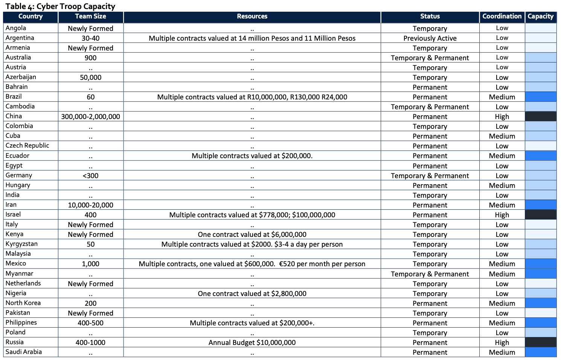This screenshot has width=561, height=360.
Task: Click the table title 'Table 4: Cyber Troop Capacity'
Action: (x=60, y=6)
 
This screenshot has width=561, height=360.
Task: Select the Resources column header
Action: (x=252, y=17)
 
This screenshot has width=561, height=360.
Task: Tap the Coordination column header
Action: (x=502, y=17)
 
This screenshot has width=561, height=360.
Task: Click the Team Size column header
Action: (x=90, y=17)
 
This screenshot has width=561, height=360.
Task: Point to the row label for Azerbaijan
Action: (x=21, y=77)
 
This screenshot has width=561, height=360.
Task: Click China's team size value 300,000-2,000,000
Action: (x=90, y=117)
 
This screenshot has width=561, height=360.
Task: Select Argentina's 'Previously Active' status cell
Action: (x=430, y=38)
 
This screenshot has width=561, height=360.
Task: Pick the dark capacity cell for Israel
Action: (x=541, y=215)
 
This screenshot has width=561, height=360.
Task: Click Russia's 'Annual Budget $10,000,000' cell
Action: (x=252, y=343)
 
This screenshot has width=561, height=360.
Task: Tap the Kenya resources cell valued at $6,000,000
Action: (x=252, y=235)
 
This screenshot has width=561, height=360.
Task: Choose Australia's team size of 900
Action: (x=90, y=58)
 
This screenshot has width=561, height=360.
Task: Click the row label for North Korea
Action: (x=23, y=303)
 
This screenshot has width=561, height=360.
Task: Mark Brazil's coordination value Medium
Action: (x=502, y=97)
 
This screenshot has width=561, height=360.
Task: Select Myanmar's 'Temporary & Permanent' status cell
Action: (x=430, y=274)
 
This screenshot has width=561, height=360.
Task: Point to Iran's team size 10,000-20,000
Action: (x=90, y=205)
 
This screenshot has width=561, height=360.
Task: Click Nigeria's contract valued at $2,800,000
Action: (x=252, y=294)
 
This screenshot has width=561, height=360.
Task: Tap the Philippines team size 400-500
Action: (x=90, y=323)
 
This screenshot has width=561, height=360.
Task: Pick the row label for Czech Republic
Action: (x=27, y=146)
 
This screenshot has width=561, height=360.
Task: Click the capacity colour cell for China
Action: (x=541, y=116)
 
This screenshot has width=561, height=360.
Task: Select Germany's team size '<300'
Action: (x=90, y=176)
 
